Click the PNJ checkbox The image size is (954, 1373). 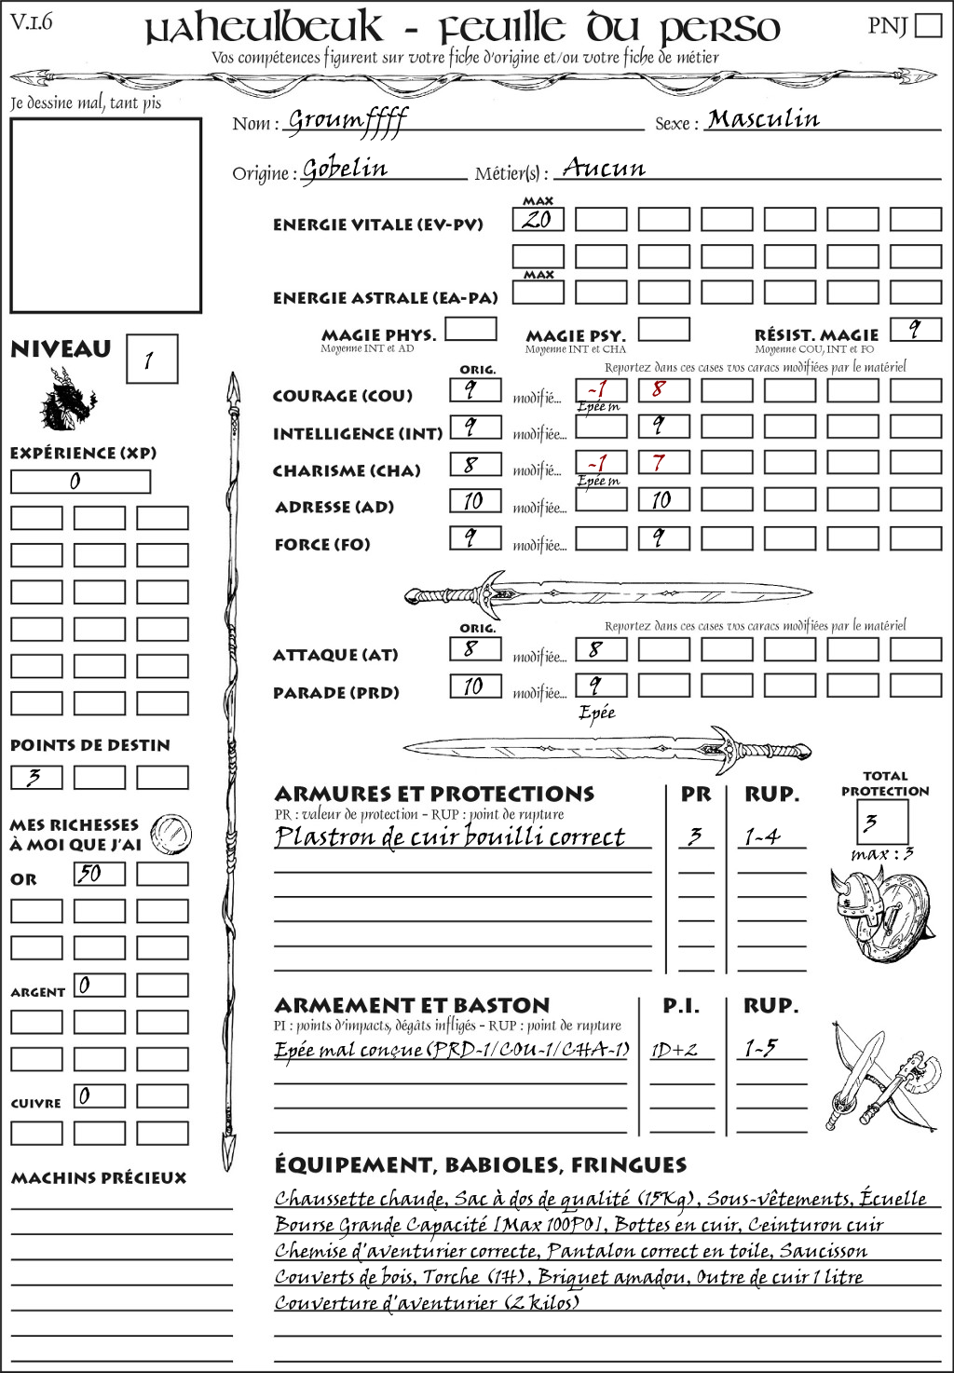(x=928, y=25)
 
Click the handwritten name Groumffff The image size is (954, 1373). (x=347, y=121)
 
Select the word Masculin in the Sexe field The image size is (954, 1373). (x=763, y=119)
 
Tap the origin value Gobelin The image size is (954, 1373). (x=345, y=170)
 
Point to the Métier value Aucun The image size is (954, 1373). (x=604, y=169)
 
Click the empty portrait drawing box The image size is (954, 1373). (x=105, y=215)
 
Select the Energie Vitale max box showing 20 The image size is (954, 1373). (x=538, y=220)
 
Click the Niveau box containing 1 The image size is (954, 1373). (x=151, y=360)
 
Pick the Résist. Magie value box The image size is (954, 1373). (x=915, y=330)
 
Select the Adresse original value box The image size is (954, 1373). (x=475, y=501)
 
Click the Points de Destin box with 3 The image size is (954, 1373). (x=36, y=777)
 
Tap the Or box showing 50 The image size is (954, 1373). (x=99, y=874)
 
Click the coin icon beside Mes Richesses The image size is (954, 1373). (x=171, y=833)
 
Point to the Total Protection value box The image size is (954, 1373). (x=881, y=822)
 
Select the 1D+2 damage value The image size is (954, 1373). (x=675, y=1050)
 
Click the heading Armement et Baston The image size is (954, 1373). (x=412, y=1006)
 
